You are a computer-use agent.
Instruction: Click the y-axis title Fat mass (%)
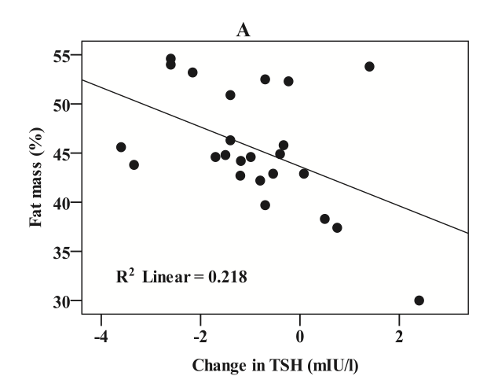(x=36, y=179)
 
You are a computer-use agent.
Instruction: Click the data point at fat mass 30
(x=419, y=300)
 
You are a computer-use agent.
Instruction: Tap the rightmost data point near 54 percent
(x=369, y=66)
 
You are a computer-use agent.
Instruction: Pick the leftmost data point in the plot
(x=121, y=147)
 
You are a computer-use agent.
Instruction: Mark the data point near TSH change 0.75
(x=337, y=227)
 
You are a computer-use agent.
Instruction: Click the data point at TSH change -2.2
(x=192, y=72)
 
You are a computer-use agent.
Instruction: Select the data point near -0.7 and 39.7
(x=265, y=205)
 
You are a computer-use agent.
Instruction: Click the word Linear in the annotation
(x=166, y=277)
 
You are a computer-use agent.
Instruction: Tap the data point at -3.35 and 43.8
(x=134, y=164)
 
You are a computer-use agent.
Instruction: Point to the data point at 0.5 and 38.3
(x=324, y=219)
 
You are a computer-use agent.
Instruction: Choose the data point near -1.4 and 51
(x=230, y=95)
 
